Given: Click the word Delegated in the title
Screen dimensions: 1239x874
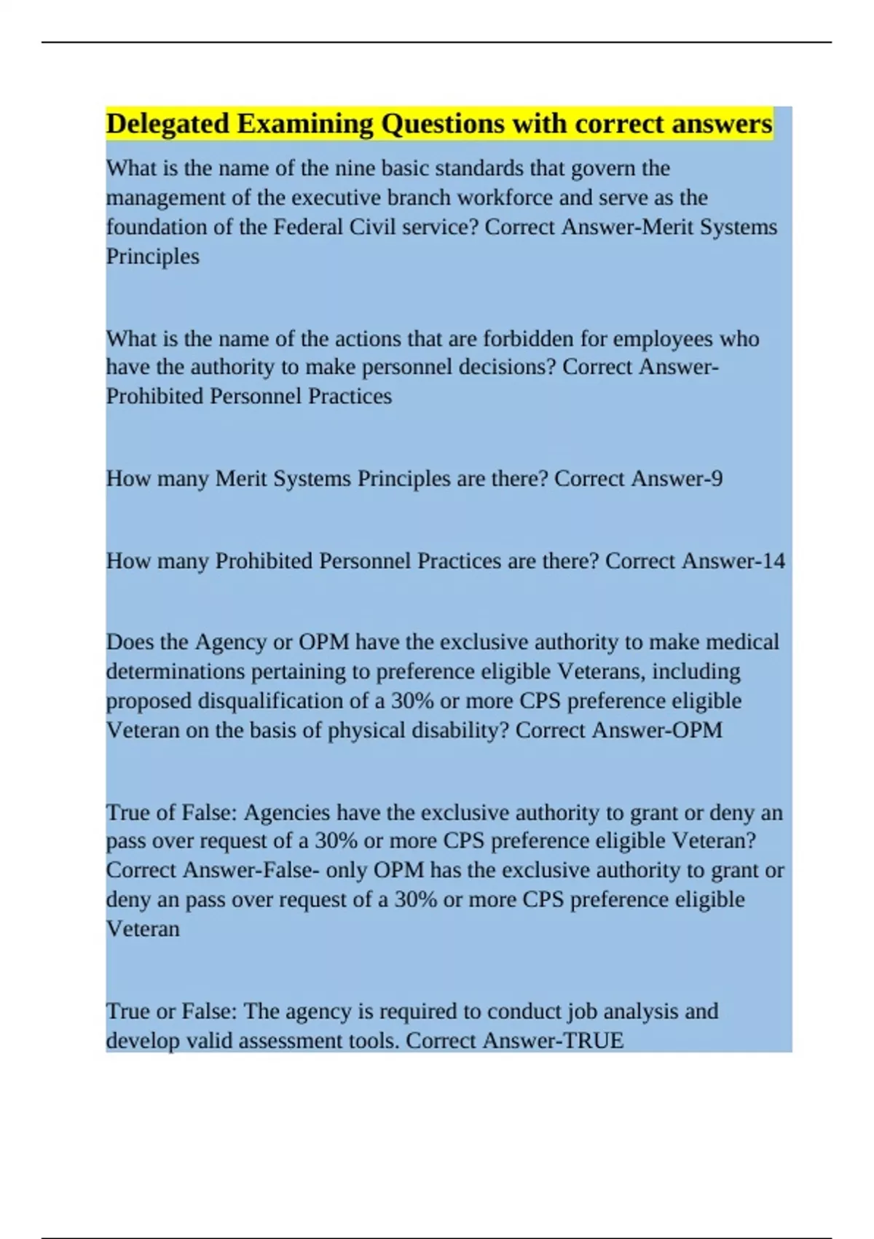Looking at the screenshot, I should (x=168, y=124).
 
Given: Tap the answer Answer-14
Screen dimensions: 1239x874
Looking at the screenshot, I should (x=733, y=560).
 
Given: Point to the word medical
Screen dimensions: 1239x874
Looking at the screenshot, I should (x=742, y=642).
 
